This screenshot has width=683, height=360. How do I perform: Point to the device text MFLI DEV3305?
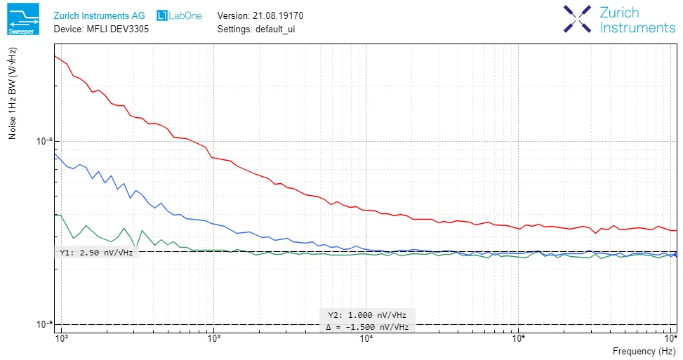coord(101,29)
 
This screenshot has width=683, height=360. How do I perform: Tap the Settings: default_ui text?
coord(256,29)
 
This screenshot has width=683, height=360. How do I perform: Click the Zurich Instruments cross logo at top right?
coord(578,20)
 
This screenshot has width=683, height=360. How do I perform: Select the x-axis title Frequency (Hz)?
coord(644,351)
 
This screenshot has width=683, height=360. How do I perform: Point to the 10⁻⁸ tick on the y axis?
coord(44,141)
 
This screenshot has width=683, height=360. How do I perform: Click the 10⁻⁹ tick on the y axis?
coord(44,324)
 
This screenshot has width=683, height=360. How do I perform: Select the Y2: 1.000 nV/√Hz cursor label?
coord(367,315)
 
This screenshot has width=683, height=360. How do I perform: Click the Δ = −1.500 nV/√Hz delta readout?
coord(366,327)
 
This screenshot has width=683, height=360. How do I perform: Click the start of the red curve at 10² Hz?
coord(55,55)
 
